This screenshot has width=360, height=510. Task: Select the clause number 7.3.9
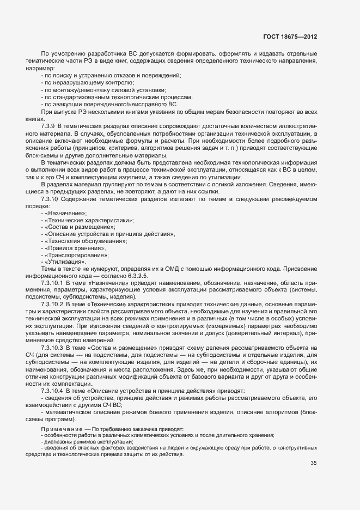pos(49,125)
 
